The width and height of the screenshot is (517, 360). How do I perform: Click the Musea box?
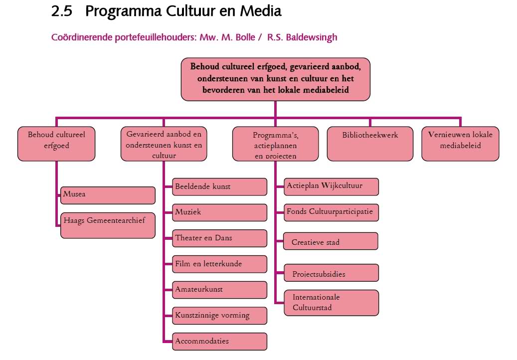(108, 195)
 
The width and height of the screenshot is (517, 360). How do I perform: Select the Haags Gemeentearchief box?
(108, 225)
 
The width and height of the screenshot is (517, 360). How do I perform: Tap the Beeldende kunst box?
(219, 186)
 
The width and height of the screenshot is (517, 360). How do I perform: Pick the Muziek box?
(219, 212)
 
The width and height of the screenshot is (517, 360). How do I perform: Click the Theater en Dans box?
(219, 238)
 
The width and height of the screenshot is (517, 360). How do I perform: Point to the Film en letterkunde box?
(219, 264)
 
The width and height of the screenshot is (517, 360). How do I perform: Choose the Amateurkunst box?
(219, 290)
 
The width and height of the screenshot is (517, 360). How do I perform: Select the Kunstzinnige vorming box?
(219, 316)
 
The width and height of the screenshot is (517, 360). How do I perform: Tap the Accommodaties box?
(219, 342)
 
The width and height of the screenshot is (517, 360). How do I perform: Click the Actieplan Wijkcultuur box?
(331, 186)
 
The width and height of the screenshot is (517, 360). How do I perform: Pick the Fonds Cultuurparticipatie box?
(331, 212)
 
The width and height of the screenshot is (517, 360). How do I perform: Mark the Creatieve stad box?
(331, 241)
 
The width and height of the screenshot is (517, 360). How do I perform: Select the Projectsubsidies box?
(331, 273)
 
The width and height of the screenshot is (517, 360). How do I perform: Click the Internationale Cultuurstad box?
(331, 303)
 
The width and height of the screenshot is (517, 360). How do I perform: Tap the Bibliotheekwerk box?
(370, 144)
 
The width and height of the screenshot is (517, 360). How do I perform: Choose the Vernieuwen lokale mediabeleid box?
(460, 144)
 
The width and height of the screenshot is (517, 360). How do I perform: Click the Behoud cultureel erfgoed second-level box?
(56, 144)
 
